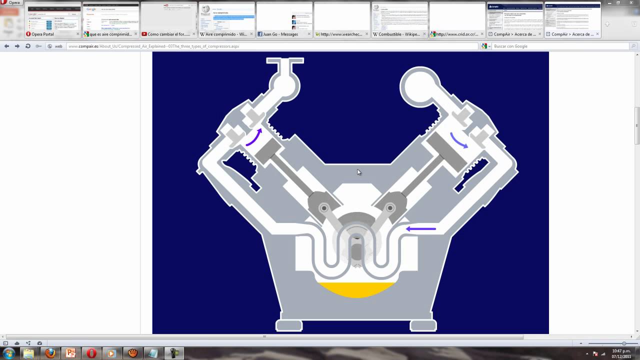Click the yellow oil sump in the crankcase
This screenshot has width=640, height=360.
(356, 289)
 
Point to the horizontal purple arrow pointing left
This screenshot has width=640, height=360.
(421, 229)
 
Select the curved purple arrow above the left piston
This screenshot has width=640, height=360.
(254, 137)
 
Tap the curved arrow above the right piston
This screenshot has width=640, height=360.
(459, 140)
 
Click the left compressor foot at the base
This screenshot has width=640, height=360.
(289, 325)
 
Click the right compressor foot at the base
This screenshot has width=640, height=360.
(423, 325)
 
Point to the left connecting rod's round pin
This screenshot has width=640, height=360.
(324, 208)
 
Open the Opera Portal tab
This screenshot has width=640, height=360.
(43, 34)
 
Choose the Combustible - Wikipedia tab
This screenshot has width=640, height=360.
(398, 34)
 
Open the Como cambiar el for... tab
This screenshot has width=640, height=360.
(168, 34)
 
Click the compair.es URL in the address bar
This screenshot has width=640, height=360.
(153, 46)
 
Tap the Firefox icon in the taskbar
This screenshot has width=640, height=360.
(50, 353)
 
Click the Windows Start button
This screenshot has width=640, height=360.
(8, 353)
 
